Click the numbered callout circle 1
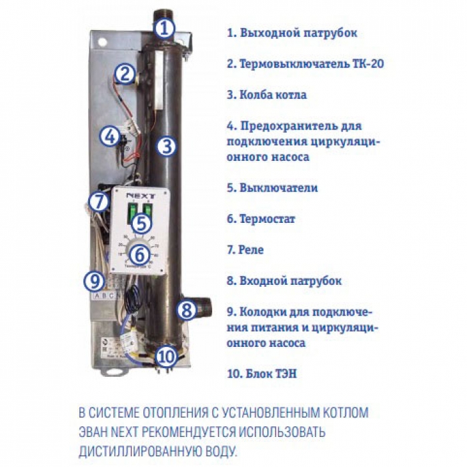[x=164, y=29]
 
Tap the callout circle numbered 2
[x=125, y=73]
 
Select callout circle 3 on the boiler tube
[x=167, y=146]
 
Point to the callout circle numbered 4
[x=110, y=137]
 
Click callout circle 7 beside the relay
[x=99, y=201]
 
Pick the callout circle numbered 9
[x=94, y=281]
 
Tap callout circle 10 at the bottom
[x=166, y=356]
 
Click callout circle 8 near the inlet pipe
[x=187, y=310]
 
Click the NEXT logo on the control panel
[x=141, y=196]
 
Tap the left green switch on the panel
[x=131, y=212]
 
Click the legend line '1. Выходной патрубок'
[x=292, y=33]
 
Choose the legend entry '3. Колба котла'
[x=267, y=95]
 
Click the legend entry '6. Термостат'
[x=261, y=219]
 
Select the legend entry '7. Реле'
[x=246, y=250]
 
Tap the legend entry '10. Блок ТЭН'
[x=262, y=374]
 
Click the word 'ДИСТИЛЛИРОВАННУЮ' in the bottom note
[x=141, y=451]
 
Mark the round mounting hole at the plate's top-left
[x=103, y=41]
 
